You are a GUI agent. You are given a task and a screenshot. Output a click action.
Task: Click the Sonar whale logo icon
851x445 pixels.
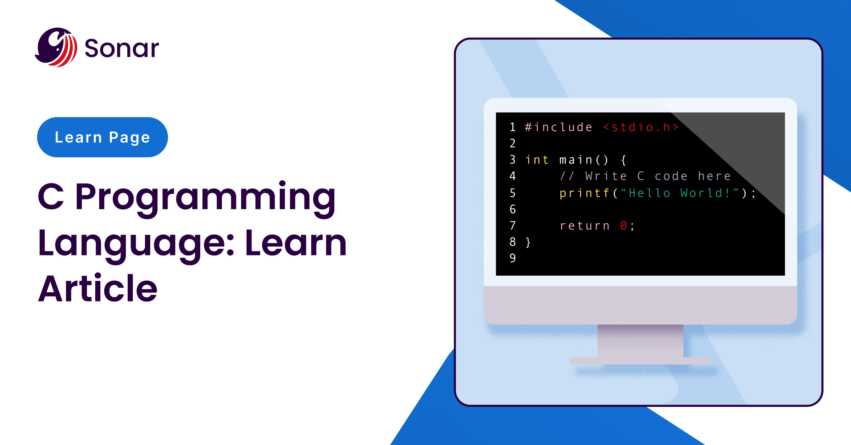(56, 47)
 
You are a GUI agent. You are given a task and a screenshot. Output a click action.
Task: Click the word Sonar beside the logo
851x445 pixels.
(122, 48)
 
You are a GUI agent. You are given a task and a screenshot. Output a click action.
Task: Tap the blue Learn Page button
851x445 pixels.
(102, 137)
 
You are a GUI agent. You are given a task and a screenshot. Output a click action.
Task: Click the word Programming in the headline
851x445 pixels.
(205, 198)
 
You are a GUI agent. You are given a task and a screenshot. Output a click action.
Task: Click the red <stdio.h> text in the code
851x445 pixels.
(641, 127)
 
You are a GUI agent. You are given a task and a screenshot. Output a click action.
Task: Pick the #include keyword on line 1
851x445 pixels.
(558, 127)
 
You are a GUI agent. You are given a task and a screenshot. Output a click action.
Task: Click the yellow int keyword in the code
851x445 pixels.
(537, 160)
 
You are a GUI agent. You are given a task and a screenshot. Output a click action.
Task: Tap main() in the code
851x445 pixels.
(584, 160)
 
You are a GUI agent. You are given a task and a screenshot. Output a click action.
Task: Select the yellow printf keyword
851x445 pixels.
(584, 193)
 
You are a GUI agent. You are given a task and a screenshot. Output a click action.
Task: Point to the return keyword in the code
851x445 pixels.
(585, 226)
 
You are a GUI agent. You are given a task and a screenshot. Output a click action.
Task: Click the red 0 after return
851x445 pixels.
(623, 226)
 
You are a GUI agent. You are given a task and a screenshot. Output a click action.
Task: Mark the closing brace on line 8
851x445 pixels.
(528, 242)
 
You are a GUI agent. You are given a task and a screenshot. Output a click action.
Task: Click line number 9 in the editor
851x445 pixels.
(513, 258)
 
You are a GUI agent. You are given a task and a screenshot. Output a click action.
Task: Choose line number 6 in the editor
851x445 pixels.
(513, 209)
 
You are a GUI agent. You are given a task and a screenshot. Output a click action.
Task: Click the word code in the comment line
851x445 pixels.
(671, 176)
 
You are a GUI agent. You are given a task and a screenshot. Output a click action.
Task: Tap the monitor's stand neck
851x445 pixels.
(640, 341)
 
